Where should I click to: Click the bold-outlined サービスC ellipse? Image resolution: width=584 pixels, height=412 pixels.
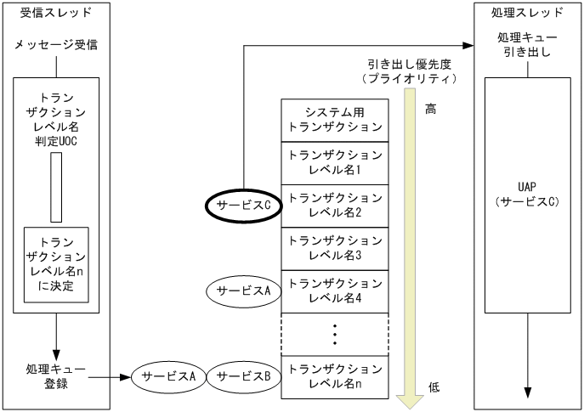(x=244, y=204)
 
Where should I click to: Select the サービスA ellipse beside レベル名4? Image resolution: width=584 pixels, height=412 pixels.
(x=244, y=290)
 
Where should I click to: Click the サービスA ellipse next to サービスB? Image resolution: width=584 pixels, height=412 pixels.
(x=169, y=375)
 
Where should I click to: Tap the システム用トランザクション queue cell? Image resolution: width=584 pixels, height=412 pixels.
(x=335, y=120)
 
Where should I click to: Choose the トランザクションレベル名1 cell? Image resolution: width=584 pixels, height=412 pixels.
(x=335, y=162)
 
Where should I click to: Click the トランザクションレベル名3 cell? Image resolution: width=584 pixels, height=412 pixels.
(x=335, y=248)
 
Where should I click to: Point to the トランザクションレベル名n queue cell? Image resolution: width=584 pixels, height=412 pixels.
(x=335, y=376)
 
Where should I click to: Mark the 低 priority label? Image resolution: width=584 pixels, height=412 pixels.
(x=434, y=387)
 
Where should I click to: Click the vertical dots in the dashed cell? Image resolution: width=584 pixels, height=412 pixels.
(x=335, y=335)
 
